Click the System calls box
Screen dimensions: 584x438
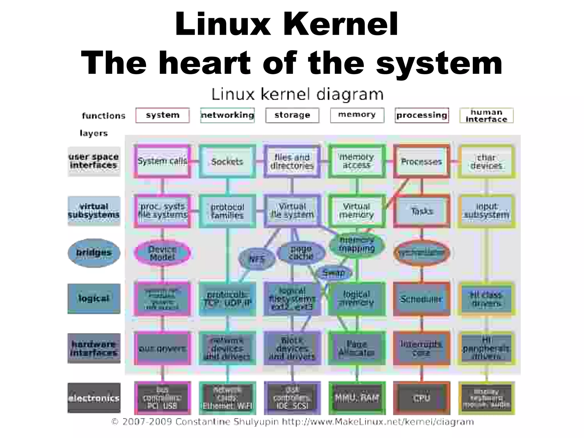tap(162, 161)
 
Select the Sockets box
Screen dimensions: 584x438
tap(227, 161)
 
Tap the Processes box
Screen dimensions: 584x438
tap(421, 161)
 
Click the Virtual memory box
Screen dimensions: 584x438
tap(357, 211)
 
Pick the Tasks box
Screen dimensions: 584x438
tap(422, 211)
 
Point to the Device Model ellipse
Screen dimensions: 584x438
tap(162, 253)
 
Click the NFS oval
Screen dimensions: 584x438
tap(257, 259)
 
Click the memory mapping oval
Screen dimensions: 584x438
tap(357, 245)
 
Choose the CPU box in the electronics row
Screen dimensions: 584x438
tap(421, 398)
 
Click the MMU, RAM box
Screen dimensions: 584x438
tap(357, 398)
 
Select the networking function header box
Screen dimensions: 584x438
tap(227, 115)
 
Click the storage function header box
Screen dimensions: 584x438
tap(292, 115)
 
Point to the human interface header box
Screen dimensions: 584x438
tap(486, 115)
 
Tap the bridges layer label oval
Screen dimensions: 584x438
tap(94, 253)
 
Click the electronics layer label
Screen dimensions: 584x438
tap(94, 398)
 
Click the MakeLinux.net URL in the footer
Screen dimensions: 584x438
tap(378, 422)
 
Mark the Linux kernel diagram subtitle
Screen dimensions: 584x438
tap(297, 94)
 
